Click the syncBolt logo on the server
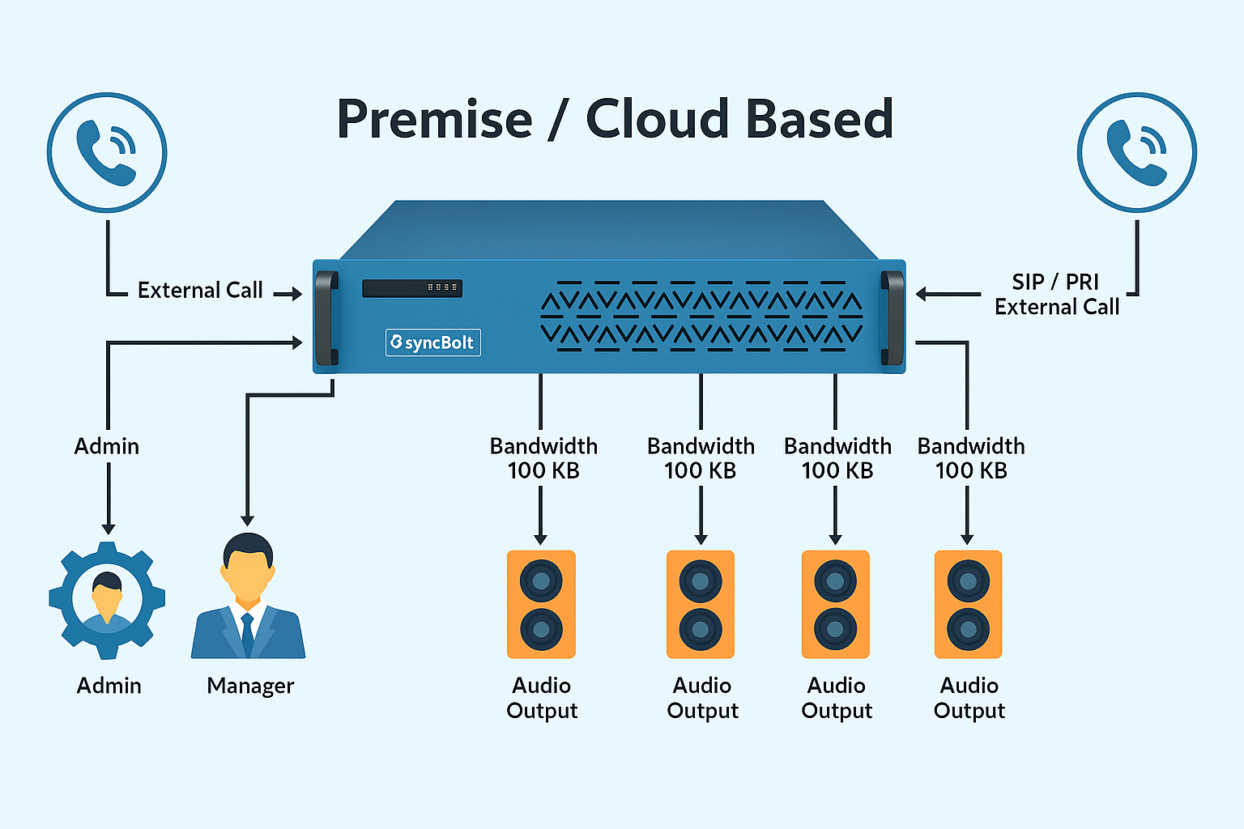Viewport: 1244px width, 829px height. (x=432, y=342)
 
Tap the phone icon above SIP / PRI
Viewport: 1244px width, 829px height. (x=1136, y=152)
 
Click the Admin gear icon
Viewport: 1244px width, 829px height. (x=107, y=599)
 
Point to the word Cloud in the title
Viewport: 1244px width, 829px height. (x=658, y=119)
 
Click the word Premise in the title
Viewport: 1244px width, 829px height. (x=434, y=119)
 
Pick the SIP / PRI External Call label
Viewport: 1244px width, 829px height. (x=1056, y=295)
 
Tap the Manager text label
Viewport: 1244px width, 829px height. (x=250, y=686)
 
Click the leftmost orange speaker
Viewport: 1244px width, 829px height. (x=541, y=604)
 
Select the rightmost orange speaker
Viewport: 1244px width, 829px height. (x=968, y=604)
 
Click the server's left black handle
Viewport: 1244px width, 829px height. (x=326, y=318)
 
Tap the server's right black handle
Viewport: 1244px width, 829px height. (x=893, y=318)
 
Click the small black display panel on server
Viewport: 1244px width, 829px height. (x=412, y=287)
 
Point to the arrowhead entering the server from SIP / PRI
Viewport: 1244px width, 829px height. (x=922, y=294)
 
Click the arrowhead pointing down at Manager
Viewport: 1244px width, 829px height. (x=248, y=521)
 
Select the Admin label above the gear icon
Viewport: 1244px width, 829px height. (x=107, y=446)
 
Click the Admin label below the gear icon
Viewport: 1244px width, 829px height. (x=109, y=686)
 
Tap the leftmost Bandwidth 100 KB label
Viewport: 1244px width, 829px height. (x=543, y=458)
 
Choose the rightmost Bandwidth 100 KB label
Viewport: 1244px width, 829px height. (x=970, y=458)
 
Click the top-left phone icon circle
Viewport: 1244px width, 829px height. (x=107, y=152)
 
